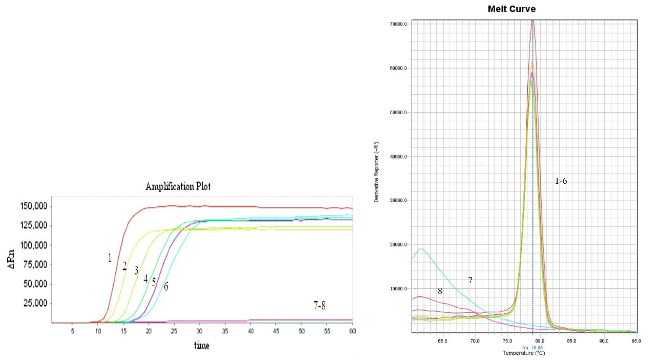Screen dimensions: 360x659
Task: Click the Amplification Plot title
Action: pyautogui.click(x=178, y=187)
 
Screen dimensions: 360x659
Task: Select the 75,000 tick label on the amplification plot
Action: pyautogui.click(x=34, y=265)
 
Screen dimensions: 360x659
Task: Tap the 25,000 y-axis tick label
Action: pyautogui.click(x=34, y=304)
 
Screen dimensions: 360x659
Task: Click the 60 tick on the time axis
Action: pyautogui.click(x=352, y=331)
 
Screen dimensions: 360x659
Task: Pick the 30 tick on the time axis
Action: pyautogui.click(x=199, y=331)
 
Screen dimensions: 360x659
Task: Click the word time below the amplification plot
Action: pyautogui.click(x=201, y=346)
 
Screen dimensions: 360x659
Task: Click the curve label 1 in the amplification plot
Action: pyautogui.click(x=110, y=258)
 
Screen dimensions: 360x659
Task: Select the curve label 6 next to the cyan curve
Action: pyautogui.click(x=166, y=287)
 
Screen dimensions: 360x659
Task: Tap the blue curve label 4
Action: pyautogui.click(x=145, y=279)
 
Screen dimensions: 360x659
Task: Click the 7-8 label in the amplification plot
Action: pyautogui.click(x=320, y=306)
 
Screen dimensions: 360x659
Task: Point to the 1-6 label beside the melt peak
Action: pyautogui.click(x=561, y=181)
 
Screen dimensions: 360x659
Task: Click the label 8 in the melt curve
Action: pyautogui.click(x=440, y=291)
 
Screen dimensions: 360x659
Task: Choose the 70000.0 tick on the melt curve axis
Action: pyautogui.click(x=398, y=24)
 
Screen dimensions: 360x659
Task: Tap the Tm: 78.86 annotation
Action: pyautogui.click(x=533, y=347)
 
